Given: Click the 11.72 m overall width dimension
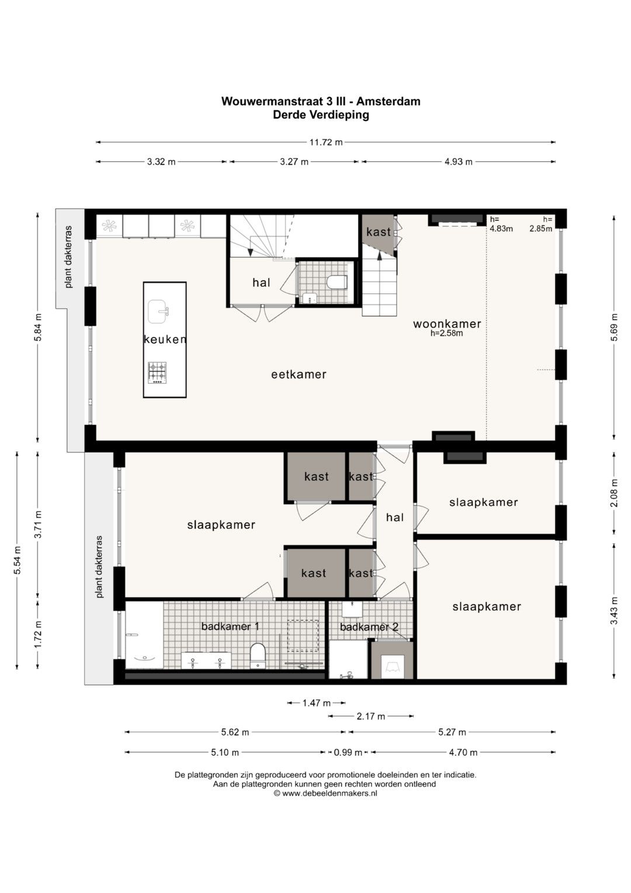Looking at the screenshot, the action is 326,142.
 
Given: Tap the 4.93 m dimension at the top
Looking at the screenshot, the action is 458,161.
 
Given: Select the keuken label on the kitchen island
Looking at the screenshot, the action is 165,339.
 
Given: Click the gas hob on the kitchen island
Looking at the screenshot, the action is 157,373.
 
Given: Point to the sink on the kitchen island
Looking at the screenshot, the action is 158,312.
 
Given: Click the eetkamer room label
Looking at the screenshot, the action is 299,374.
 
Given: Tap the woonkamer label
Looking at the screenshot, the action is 447,324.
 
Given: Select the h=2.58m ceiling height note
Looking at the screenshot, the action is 446,333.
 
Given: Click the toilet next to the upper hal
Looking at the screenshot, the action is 337,282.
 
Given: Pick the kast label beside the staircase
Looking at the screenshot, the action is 379,232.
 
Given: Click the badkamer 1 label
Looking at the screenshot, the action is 230,626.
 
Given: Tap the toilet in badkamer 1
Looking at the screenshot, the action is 258,655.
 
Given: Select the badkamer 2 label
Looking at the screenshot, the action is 369,627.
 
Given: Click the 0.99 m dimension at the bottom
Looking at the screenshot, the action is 348,752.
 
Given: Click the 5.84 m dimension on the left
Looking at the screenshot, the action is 38,327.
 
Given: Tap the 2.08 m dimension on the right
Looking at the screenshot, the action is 614,493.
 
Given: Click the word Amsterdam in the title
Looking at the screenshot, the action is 388,101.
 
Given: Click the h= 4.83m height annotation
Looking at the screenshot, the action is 501,223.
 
